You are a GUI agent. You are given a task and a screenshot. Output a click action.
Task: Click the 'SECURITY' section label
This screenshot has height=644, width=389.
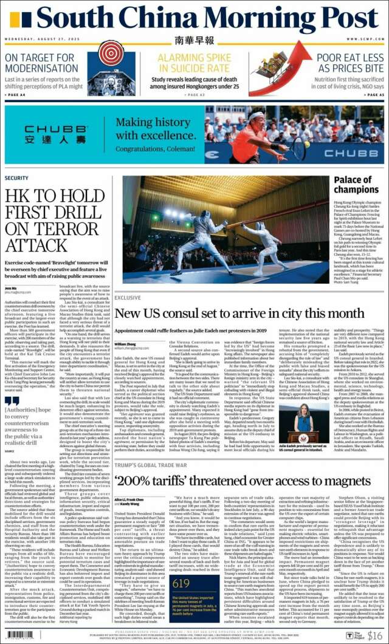coord(16,178)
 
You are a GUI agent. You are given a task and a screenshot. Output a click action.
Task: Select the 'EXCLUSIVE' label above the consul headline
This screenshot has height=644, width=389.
coord(128,298)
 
